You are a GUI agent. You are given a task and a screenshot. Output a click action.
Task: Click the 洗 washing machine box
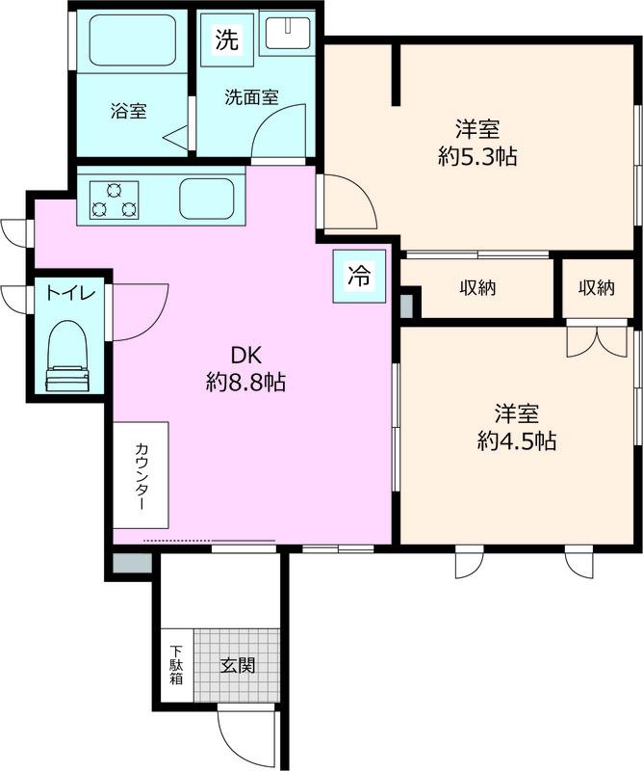click(227, 40)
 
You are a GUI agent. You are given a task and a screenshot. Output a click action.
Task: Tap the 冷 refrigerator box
click(360, 276)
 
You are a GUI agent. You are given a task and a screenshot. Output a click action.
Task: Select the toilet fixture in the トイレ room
click(67, 356)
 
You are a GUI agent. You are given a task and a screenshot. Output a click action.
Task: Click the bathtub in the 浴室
click(133, 41)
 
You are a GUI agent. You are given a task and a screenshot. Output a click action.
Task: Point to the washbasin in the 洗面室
click(285, 33)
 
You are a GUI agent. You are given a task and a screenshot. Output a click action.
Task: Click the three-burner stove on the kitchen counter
click(114, 199)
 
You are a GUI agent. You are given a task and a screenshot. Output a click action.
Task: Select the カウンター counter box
click(141, 475)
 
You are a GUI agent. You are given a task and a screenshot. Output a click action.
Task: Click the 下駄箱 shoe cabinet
click(177, 665)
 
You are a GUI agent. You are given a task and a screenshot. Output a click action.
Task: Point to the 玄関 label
click(238, 666)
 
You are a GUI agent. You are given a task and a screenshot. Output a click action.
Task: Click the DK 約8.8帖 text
click(245, 368)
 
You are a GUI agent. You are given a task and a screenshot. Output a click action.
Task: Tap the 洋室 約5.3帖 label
click(477, 143)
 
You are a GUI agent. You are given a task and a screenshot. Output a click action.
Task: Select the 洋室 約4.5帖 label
click(517, 427)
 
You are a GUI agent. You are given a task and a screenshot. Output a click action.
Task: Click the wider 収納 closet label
click(478, 287)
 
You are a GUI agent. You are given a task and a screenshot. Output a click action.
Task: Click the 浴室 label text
click(129, 111)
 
